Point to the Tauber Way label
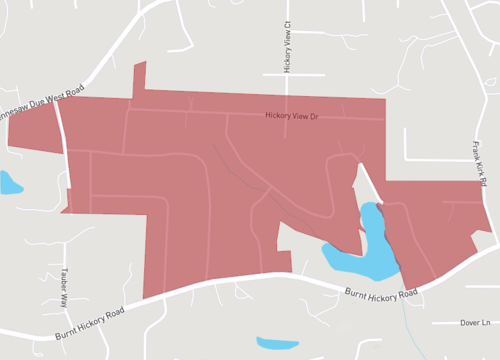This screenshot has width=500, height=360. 60,286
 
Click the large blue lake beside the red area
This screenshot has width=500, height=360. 365,250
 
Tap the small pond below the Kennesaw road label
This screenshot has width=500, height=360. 10,183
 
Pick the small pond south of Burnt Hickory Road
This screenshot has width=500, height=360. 277,343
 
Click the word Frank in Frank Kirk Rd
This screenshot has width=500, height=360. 478,149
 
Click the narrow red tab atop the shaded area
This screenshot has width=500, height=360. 139,78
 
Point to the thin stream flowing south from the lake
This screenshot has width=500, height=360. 405,300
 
